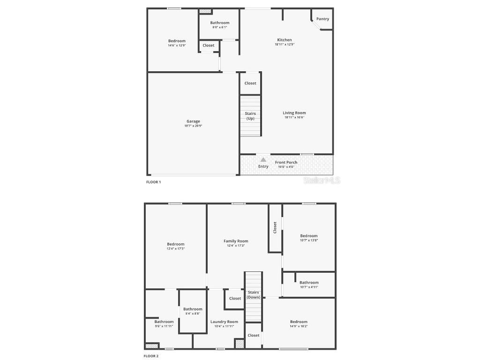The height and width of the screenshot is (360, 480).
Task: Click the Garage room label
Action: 193,121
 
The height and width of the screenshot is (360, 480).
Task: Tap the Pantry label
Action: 322,19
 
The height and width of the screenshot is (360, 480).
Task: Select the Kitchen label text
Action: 284,40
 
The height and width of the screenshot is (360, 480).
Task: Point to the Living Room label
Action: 294,113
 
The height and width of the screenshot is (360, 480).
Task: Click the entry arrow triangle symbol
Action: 263,160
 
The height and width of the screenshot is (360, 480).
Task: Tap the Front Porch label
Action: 286,162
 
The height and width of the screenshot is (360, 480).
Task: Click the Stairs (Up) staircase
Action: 250,116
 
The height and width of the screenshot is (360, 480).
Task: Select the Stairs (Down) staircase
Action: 254,295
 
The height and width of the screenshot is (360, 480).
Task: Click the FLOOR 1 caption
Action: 153,182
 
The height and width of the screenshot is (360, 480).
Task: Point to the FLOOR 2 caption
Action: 151,356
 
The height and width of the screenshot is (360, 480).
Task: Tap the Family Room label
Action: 236,241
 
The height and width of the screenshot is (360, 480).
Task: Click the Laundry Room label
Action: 224,322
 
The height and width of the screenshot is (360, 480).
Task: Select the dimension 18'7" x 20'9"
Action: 193,126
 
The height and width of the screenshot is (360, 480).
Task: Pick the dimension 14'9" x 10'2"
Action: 298,326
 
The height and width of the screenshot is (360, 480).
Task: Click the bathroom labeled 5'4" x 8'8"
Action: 193,311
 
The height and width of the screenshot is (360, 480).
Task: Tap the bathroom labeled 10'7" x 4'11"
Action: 309,285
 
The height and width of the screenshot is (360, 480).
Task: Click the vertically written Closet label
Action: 275,227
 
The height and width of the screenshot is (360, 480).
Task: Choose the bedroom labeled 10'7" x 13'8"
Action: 309,238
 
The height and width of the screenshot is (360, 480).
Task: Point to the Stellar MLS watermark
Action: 322,180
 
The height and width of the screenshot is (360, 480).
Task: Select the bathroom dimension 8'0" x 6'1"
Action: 219,27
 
